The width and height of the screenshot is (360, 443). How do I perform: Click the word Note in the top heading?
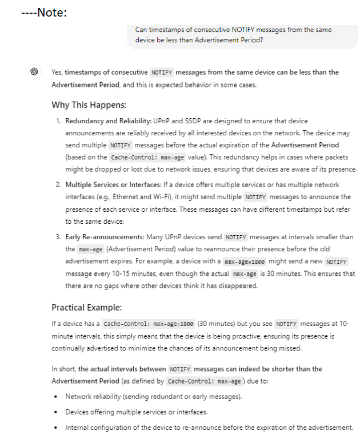(52, 12)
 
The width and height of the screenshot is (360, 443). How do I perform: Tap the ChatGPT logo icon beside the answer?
(34, 73)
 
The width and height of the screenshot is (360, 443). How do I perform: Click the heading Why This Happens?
(89, 105)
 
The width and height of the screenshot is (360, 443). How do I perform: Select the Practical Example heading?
(86, 307)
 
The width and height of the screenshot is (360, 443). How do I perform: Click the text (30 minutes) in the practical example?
(214, 324)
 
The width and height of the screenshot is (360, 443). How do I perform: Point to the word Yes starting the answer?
(57, 73)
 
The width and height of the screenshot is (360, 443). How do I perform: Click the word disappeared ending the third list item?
(241, 286)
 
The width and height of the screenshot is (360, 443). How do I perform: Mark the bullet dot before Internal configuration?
(55, 428)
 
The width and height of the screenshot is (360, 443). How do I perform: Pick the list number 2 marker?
(58, 185)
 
